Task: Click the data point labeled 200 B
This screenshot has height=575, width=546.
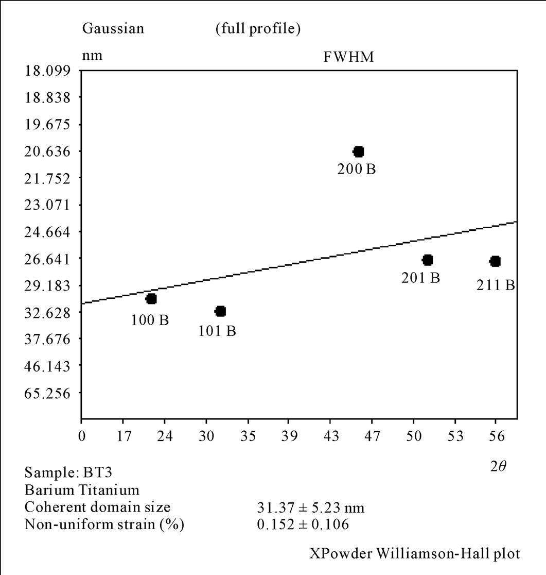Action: (x=359, y=151)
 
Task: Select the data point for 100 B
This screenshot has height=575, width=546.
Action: (x=151, y=299)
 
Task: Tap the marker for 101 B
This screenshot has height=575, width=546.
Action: (x=221, y=311)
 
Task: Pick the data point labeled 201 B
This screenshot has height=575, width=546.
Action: (x=428, y=260)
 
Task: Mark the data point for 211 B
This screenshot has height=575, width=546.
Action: (x=495, y=262)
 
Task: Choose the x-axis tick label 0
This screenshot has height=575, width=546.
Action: (x=81, y=436)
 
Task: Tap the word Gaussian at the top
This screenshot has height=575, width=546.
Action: (x=113, y=29)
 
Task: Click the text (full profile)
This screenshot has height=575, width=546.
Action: (x=258, y=29)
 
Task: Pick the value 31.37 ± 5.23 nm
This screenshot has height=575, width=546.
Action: (x=310, y=508)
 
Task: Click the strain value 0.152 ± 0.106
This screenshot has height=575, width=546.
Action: (x=303, y=525)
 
